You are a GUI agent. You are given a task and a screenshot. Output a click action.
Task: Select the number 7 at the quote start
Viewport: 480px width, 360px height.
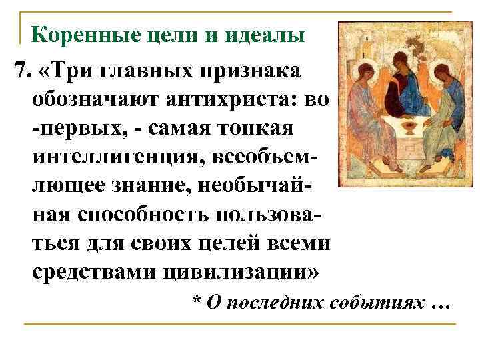19,70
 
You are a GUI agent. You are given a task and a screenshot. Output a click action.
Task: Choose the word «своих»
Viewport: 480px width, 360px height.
183,244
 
